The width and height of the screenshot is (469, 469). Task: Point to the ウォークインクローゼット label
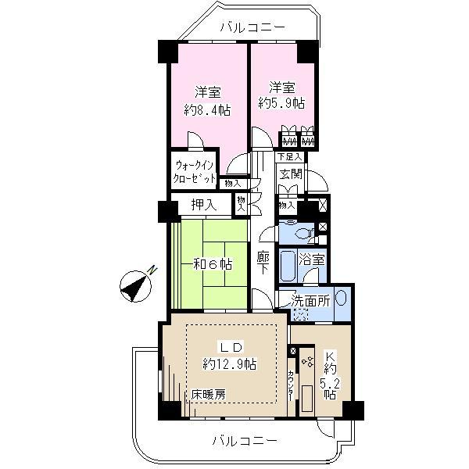[195, 172]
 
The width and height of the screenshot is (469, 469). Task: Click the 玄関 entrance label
[290, 174]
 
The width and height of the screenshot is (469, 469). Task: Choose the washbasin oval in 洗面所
[341, 299]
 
